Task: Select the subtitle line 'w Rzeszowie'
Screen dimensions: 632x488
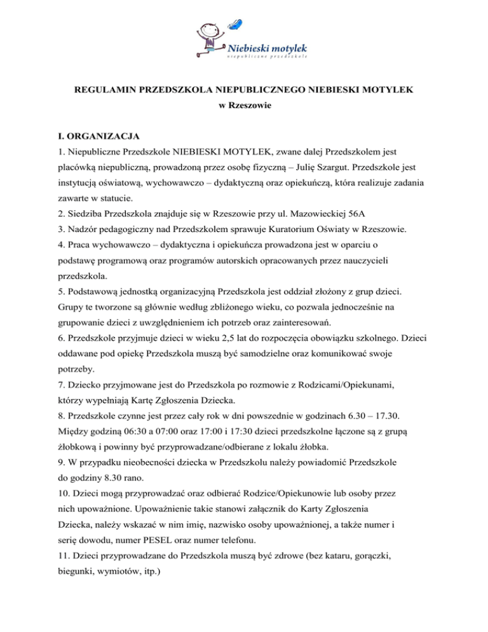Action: (244, 106)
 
